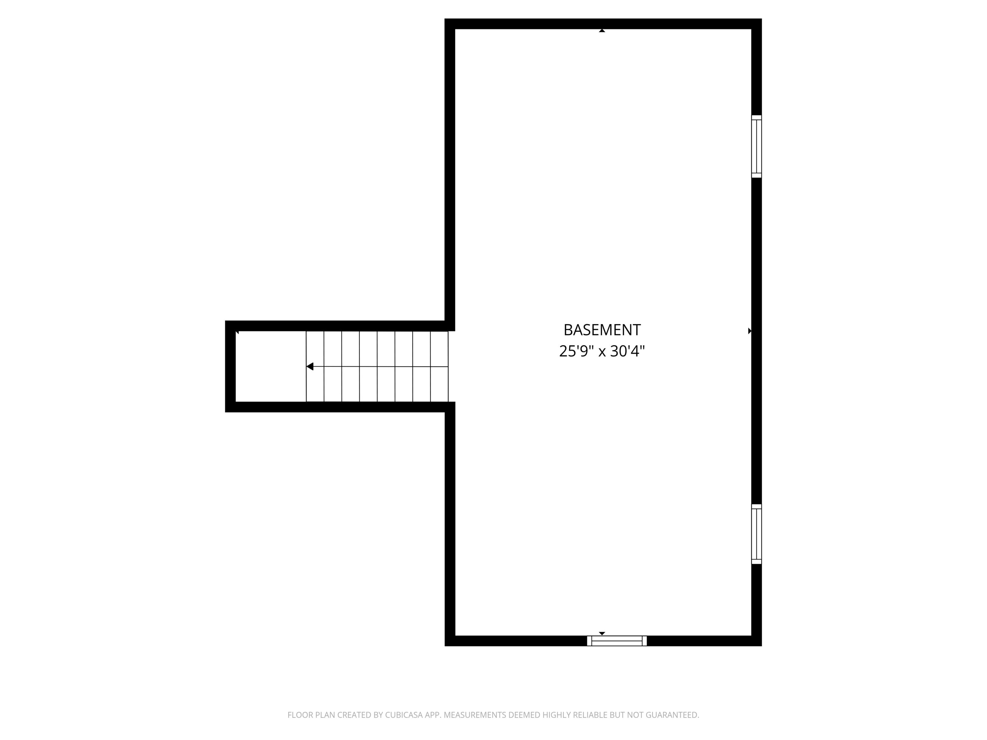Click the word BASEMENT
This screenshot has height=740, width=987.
click(x=602, y=330)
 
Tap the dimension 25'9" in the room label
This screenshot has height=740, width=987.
click(x=576, y=351)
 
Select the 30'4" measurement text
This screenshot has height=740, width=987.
click(x=627, y=351)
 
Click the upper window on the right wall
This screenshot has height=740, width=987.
click(x=756, y=147)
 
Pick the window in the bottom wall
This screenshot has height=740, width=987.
click(x=617, y=641)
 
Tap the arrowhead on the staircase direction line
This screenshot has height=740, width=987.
click(x=310, y=367)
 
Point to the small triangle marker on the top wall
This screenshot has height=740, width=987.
click(x=602, y=31)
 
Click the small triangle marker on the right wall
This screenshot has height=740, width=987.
click(x=750, y=331)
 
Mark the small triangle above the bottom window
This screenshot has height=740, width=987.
click(x=602, y=633)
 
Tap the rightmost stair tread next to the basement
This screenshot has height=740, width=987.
click(x=439, y=367)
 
